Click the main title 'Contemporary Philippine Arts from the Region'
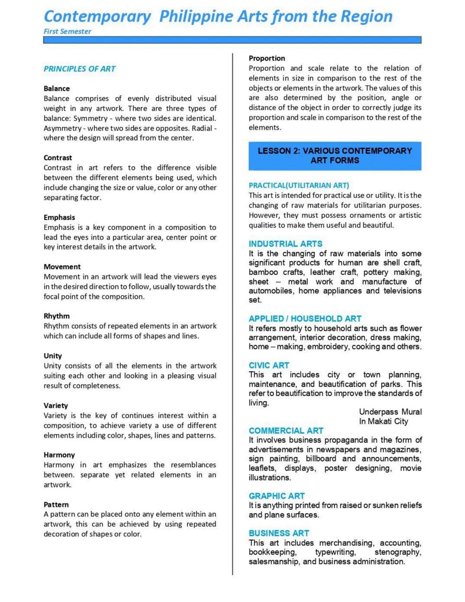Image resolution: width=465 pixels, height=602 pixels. coord(218,16)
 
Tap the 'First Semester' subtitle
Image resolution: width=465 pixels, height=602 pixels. coord(67,31)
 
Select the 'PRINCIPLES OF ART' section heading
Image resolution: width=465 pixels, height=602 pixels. coord(79,69)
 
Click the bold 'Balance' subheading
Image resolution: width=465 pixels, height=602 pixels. coord(56,88)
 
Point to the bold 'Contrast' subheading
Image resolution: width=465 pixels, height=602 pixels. coord(58,158)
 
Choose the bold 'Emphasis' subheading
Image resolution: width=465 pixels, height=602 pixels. coord(59,217)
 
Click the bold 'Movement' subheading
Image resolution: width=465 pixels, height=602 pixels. coord(62,267)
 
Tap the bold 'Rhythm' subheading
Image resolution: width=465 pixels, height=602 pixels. coord(56,316)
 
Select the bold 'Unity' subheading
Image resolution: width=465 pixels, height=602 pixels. coord(53,356)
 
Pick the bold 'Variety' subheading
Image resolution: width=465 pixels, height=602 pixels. coord(56,405)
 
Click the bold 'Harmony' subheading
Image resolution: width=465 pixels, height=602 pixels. coord(59,455)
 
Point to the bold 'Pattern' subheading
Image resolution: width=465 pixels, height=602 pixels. coord(56,504)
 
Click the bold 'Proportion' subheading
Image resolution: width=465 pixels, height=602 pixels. coord(267,58)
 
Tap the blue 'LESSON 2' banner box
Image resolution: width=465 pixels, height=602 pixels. coord(335,155)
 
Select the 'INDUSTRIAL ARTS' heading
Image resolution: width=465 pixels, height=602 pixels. coord(285,244)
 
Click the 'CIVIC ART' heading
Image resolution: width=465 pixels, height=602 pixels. coord(269,365)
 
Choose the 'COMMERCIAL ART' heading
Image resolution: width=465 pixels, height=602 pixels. coord(286,431)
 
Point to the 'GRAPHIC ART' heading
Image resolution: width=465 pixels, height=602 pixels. coord(276,496)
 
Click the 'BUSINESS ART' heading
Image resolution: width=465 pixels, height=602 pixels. coord(279,533)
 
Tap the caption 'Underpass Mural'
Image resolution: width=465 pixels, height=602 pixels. coord(390,412)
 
